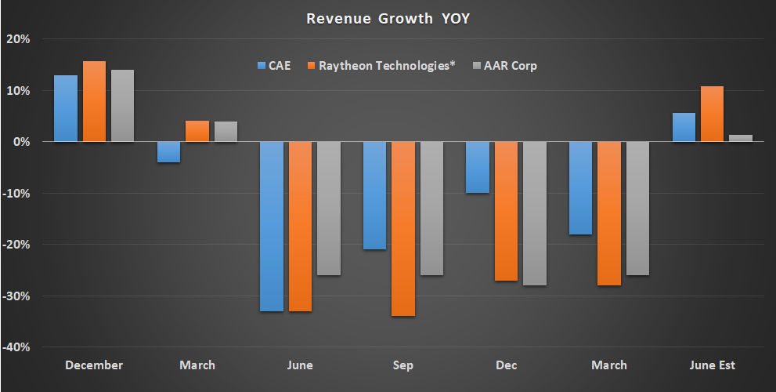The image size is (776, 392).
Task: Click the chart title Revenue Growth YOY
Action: (388, 18)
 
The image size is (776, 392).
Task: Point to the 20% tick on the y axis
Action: (19, 39)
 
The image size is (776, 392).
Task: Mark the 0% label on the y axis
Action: (21, 142)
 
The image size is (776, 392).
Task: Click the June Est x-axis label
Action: (713, 365)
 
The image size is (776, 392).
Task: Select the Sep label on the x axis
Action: (403, 365)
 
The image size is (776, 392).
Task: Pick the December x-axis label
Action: (94, 365)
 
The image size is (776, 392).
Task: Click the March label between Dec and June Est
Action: (609, 365)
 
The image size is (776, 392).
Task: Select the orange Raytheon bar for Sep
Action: (403, 229)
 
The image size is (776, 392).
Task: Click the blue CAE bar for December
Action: (66, 108)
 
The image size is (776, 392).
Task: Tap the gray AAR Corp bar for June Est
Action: (741, 138)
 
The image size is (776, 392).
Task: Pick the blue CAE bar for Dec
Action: (478, 167)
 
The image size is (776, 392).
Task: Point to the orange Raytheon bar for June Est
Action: (712, 114)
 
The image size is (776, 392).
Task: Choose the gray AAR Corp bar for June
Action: (329, 209)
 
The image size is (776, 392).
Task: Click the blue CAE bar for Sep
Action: (374, 195)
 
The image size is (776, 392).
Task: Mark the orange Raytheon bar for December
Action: (94, 101)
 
